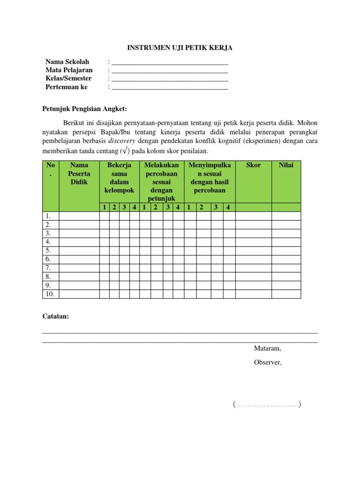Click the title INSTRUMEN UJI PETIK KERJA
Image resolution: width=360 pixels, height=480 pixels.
tap(180, 47)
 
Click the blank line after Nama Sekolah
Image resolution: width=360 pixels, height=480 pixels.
tap(170, 62)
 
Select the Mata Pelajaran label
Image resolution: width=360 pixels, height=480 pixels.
tap(69, 70)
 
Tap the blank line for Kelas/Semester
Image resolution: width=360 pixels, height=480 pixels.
tap(170, 79)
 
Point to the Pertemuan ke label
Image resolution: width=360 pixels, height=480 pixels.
tap(67, 87)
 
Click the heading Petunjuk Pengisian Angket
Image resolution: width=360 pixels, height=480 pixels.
tap(85, 109)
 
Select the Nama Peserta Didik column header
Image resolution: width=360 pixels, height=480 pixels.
tap(79, 173)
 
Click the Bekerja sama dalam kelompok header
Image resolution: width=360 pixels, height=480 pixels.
tap(120, 178)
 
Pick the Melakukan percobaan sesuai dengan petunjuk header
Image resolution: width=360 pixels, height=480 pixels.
tap(162, 182)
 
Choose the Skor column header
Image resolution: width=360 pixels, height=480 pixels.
tap(253, 165)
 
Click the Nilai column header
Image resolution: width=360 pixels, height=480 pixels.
tap(286, 165)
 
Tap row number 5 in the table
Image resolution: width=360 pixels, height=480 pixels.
tap(48, 250)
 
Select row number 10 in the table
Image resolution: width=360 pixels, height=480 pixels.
tap(50, 294)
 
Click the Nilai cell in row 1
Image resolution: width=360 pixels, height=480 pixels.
tap(286, 216)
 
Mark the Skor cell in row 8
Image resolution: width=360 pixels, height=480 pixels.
tap(253, 277)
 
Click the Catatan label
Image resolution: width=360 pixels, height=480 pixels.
tap(56, 316)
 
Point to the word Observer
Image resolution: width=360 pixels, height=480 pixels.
tap(268, 362)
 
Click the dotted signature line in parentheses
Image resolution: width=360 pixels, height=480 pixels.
tap(267, 405)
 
